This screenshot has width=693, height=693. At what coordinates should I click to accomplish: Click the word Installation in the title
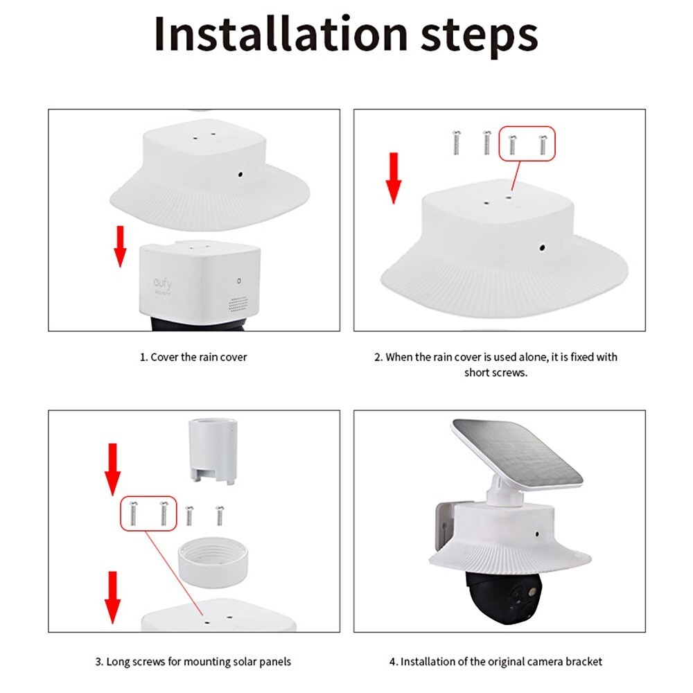pos(281,34)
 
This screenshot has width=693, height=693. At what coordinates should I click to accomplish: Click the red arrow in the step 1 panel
pos(120,247)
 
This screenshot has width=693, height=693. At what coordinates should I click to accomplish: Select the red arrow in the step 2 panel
pos(394,178)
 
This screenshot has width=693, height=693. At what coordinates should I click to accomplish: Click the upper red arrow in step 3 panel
pos(112,469)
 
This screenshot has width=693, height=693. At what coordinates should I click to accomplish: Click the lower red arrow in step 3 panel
pos(112,597)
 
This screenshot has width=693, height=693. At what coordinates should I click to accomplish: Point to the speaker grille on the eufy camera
pos(238,304)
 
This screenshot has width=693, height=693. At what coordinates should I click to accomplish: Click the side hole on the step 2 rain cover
pos(543,247)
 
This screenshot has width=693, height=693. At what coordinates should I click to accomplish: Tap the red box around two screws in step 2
pos(527,143)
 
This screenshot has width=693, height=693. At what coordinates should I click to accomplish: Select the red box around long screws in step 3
pos(148,514)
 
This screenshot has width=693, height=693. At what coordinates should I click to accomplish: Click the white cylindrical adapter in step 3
pos(211,451)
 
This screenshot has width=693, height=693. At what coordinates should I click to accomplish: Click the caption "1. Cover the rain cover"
pos(193,357)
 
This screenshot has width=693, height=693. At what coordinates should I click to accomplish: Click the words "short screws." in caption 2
pos(496,373)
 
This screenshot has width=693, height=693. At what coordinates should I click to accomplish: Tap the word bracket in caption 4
pos(583,662)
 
